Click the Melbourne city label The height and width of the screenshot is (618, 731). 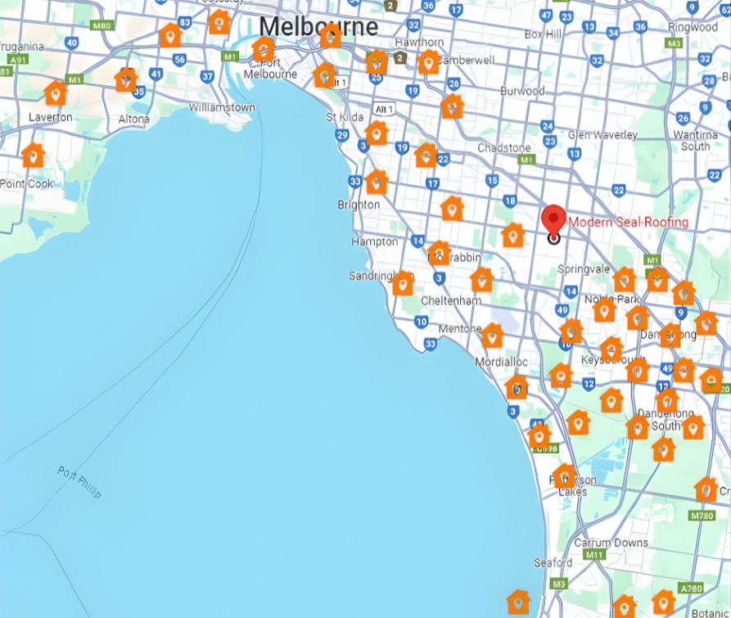(x=318, y=26)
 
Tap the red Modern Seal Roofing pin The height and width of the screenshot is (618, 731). (x=554, y=220)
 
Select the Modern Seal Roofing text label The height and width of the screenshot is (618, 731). (x=628, y=222)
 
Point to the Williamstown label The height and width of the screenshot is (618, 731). (x=222, y=107)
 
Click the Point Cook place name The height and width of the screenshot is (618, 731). (x=27, y=183)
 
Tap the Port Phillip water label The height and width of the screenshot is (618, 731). (x=79, y=482)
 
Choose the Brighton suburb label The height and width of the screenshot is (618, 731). (x=359, y=205)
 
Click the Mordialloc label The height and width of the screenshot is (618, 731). (x=502, y=362)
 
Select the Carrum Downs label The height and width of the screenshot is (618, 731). (x=611, y=542)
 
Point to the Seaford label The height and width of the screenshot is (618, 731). (x=553, y=562)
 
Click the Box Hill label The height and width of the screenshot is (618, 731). (x=543, y=34)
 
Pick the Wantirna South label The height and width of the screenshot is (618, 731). (x=695, y=140)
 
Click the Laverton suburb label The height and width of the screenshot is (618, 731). (x=50, y=117)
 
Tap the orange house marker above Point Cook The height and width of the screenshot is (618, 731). (x=32, y=154)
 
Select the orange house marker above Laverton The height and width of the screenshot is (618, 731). (x=55, y=92)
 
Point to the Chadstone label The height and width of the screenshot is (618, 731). (x=503, y=147)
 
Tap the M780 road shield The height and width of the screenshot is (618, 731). (x=702, y=516)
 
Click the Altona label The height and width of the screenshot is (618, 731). (x=134, y=119)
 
